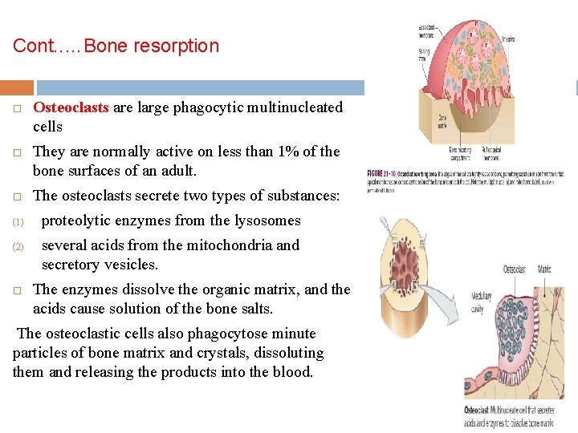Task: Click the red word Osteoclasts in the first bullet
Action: pyautogui.click(x=71, y=107)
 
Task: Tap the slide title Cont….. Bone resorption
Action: pyautogui.click(x=116, y=46)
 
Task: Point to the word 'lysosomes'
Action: pyautogui.click(x=261, y=221)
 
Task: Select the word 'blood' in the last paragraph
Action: pyautogui.click(x=292, y=372)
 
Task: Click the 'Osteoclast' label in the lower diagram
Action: pyautogui.click(x=515, y=269)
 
